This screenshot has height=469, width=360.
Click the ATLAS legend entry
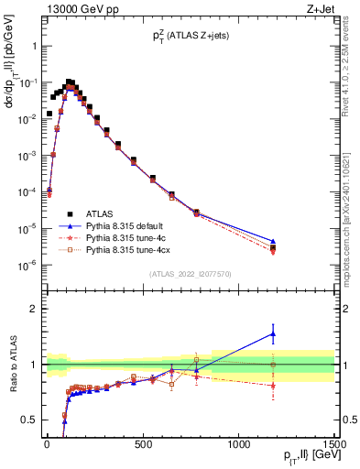(102, 212)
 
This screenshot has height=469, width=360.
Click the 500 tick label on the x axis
(143, 443)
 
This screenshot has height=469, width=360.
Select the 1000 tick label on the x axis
(239, 443)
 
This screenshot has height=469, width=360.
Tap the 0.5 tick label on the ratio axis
(26, 420)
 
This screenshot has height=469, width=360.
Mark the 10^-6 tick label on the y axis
(25, 266)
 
